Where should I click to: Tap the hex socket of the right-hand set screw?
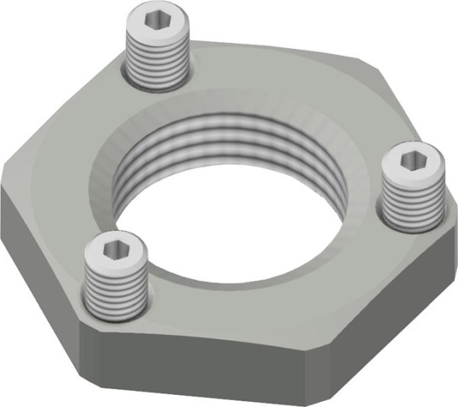click(412, 160)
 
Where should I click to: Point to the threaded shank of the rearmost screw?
click(156, 61)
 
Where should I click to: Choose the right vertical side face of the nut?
click(382, 321)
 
